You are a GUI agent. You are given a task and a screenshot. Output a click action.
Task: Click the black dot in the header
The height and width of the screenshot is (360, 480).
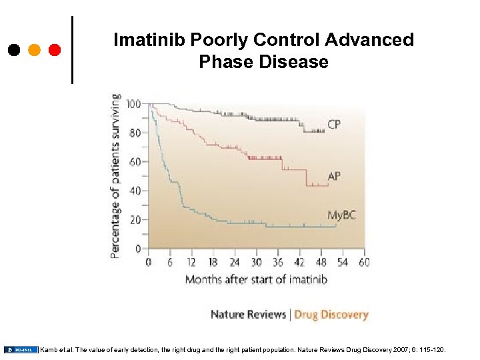coord(14,50)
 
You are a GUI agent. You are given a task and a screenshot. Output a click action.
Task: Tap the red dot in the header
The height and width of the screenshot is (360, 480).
coord(55,50)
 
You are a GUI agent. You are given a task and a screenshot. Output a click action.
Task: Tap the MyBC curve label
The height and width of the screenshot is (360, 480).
coord(341,215)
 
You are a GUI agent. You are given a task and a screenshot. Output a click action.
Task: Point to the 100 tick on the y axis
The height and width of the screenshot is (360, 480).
coord(133,104)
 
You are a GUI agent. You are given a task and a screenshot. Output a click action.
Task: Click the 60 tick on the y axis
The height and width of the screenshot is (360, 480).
coord(135,162)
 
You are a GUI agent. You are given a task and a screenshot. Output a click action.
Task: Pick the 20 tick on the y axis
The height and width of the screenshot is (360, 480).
coord(135,220)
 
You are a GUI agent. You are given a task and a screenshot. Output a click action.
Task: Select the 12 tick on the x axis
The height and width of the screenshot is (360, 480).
coord(191,262)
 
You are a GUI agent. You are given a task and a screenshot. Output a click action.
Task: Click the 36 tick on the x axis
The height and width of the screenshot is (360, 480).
coord(278,262)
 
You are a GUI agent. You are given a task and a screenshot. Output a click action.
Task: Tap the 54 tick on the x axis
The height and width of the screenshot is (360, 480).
coord(343,262)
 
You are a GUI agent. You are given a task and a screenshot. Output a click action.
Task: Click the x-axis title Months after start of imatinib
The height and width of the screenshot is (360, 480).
coord(256,279)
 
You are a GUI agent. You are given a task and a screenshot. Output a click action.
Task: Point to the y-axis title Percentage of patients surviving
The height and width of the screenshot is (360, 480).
coord(116,175)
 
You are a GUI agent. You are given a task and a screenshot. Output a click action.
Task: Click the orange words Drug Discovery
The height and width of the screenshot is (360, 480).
coord(331,314)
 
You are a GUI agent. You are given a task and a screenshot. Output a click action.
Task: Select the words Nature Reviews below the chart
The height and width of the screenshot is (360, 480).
coord(248,314)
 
